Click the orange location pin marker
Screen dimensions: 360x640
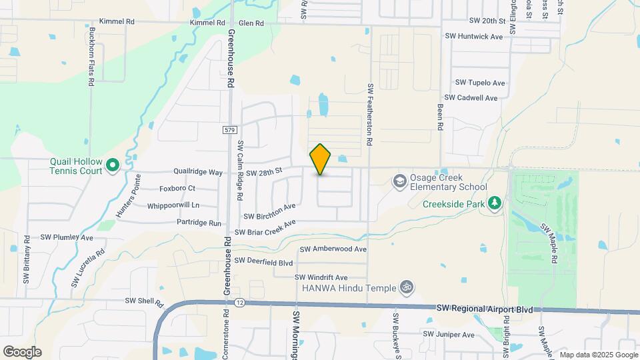[x=321, y=159]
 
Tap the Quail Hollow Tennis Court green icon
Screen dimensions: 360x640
[x=113, y=164]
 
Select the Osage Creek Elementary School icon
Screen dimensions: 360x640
[x=399, y=181]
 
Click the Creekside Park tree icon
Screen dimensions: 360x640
[x=495, y=203]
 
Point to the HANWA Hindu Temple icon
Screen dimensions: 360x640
[x=407, y=288]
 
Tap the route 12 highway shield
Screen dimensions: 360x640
[x=241, y=303]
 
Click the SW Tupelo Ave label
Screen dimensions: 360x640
[x=480, y=83]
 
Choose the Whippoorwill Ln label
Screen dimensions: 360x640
[x=173, y=205]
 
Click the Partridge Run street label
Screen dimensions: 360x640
[x=199, y=223]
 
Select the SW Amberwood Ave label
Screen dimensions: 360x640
[x=333, y=249]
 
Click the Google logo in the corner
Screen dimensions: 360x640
[x=22, y=352]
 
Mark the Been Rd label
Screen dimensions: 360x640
[x=440, y=117]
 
